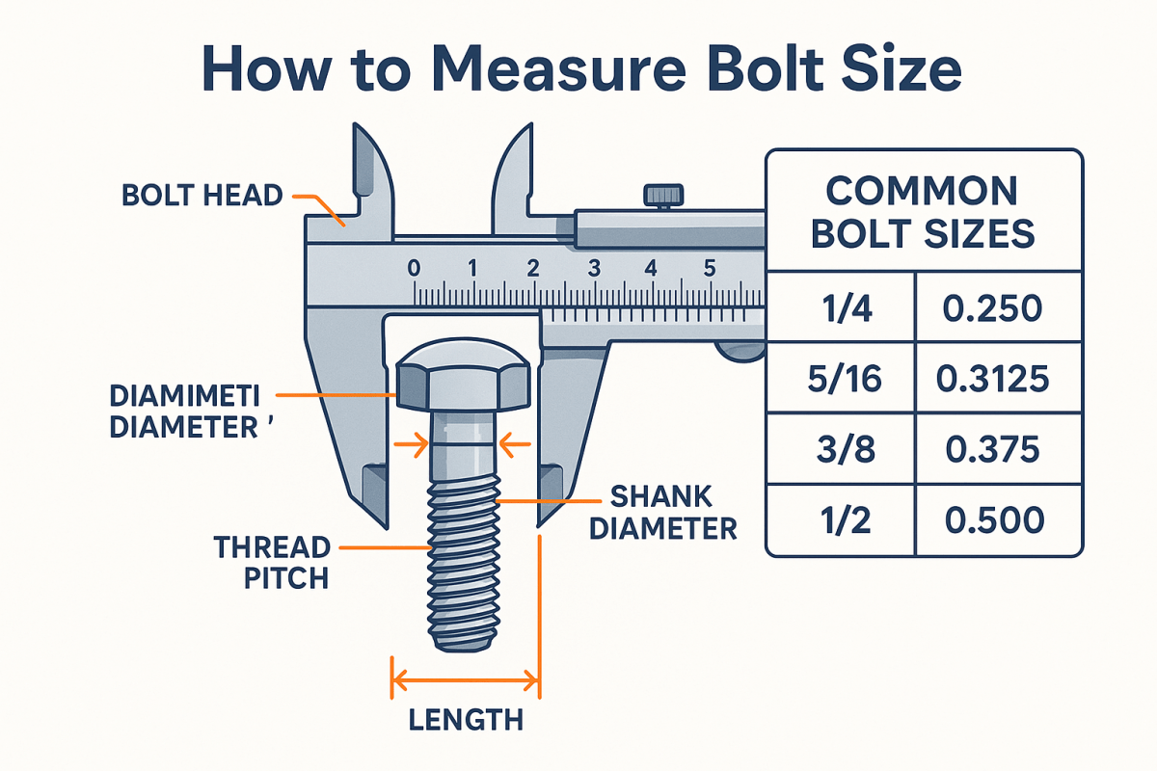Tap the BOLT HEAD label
pyautogui.click(x=202, y=196)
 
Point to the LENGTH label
pyautogui.click(x=466, y=719)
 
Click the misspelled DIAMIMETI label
pyautogui.click(x=192, y=396)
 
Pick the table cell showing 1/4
pyautogui.click(x=839, y=309)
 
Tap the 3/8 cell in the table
pyautogui.click(x=839, y=450)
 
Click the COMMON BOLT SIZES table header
pyautogui.click(x=923, y=212)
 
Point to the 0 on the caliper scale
pyautogui.click(x=414, y=269)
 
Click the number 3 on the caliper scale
pyautogui.click(x=593, y=269)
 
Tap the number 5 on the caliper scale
pyautogui.click(x=710, y=269)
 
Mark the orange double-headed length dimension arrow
pyautogui.click(x=466, y=682)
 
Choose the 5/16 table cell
pyautogui.click(x=839, y=380)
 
